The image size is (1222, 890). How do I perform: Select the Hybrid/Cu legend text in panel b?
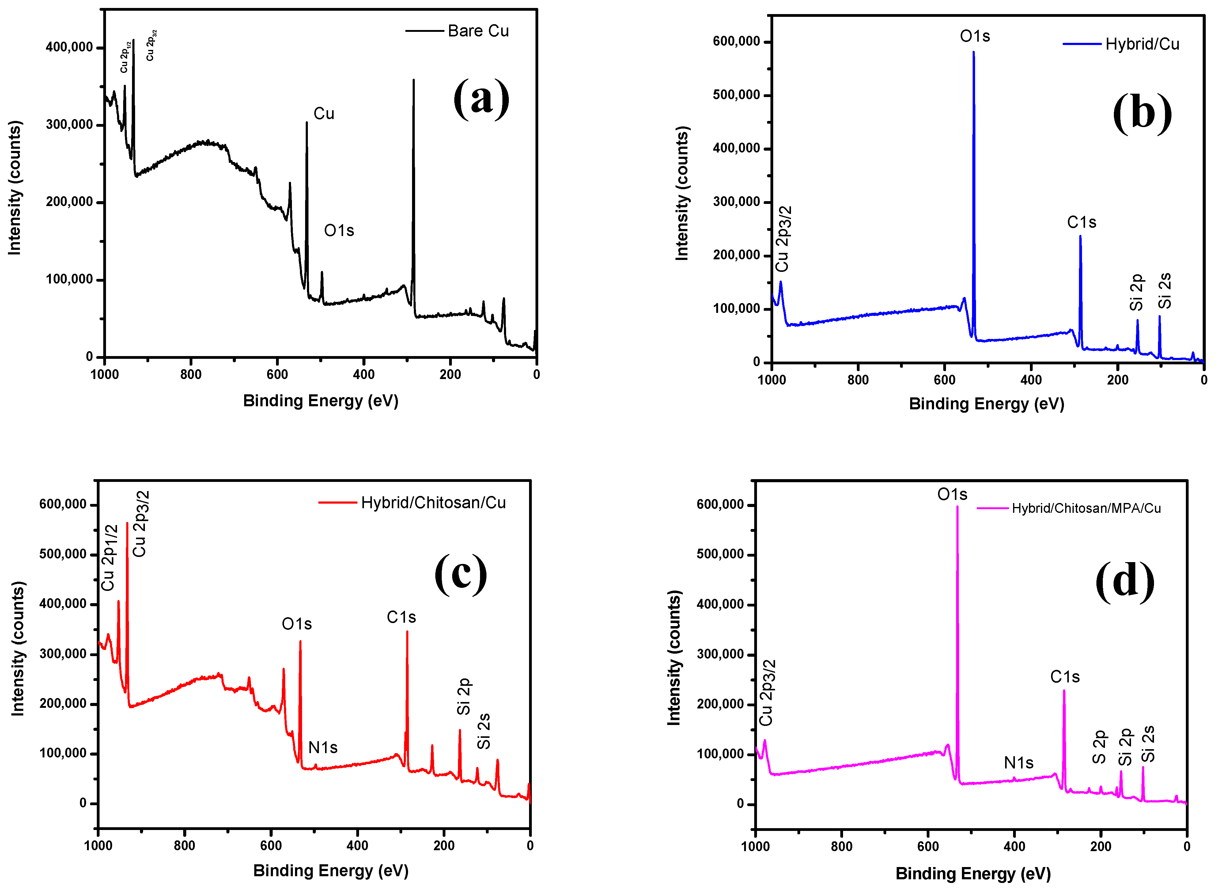point(1142,44)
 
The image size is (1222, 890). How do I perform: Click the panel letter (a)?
point(481,98)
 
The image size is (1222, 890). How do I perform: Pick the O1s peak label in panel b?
point(974,36)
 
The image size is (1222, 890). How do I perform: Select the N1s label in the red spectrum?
point(323,747)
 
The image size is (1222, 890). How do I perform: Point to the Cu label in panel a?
point(324,114)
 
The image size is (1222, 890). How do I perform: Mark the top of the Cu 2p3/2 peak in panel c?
point(127,523)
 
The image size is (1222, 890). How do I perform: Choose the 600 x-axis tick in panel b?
point(944,380)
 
